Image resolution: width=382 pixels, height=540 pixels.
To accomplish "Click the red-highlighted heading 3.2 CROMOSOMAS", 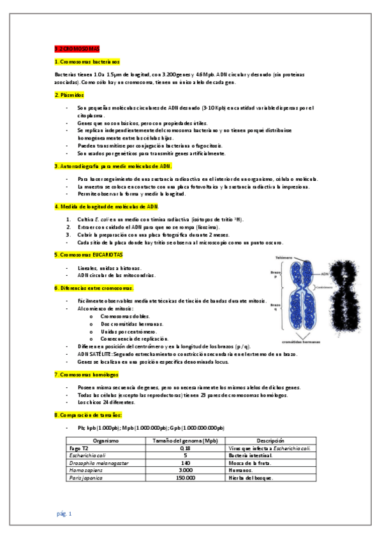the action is pyautogui.click(x=77, y=48).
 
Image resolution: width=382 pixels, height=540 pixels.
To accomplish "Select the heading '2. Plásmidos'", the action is pyautogui.click(x=70, y=95).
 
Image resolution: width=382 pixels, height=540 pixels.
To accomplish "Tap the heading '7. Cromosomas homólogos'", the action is pyautogui.click(x=86, y=374).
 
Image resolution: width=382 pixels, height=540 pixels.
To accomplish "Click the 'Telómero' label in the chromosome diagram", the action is pyautogui.click(x=284, y=258).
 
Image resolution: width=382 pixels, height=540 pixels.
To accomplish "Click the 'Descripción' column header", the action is pyautogui.click(x=270, y=441).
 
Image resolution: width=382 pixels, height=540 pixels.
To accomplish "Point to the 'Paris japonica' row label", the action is pyautogui.click(x=86, y=478).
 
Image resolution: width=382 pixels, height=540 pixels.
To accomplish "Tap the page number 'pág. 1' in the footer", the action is pyautogui.click(x=64, y=513).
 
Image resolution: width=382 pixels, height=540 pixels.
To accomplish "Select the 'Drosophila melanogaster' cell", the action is pyautogui.click(x=98, y=463).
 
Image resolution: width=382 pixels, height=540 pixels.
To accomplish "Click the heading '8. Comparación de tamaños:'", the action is pyautogui.click(x=84, y=415).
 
